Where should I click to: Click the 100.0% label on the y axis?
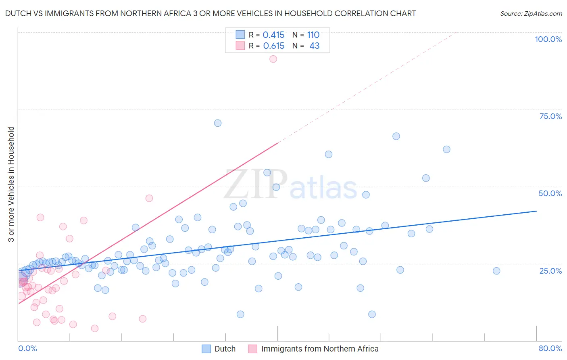click(548, 39)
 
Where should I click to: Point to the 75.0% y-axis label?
click(550, 116)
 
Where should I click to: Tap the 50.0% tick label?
click(550, 193)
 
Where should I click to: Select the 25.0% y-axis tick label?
click(550, 270)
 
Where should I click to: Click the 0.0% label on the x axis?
click(27, 348)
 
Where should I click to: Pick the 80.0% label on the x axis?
click(550, 348)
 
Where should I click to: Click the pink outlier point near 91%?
click(273, 59)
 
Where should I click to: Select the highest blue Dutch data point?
click(218, 123)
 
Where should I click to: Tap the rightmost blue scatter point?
click(496, 271)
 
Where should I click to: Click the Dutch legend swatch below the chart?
click(206, 349)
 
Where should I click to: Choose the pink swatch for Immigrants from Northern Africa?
click(252, 349)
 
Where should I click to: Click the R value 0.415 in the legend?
click(273, 35)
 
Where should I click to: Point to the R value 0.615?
click(274, 46)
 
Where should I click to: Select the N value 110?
click(313, 35)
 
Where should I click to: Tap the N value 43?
click(314, 46)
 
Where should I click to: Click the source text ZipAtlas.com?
click(531, 14)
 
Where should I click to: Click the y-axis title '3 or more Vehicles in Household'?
click(11, 184)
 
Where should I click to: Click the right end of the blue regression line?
click(536, 211)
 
